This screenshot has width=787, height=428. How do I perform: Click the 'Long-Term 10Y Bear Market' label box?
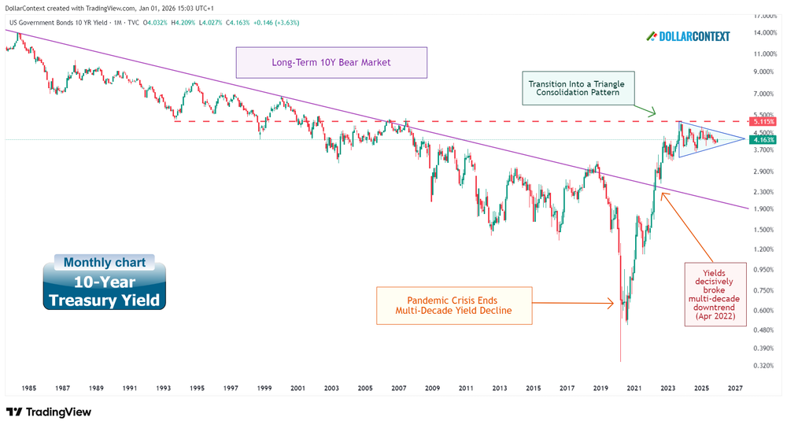[x=331, y=62]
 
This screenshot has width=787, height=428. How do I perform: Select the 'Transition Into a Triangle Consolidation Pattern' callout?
[x=580, y=89]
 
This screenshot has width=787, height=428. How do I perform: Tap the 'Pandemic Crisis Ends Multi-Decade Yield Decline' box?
[x=454, y=306]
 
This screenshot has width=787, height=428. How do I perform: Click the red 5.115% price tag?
[x=763, y=122]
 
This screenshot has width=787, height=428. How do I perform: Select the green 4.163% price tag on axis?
[x=763, y=140]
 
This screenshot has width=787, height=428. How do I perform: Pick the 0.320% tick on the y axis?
[x=763, y=366]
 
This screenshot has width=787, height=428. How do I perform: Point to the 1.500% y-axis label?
[x=763, y=230]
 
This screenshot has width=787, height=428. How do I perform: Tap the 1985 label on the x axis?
[x=28, y=389]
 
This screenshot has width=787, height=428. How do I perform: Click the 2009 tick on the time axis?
[x=432, y=389]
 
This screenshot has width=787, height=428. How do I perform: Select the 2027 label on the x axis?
[x=735, y=389]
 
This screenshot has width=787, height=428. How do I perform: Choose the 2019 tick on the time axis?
[x=600, y=389]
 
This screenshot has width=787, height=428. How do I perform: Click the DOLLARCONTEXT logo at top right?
[x=688, y=36]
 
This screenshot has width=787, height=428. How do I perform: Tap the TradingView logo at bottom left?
[x=49, y=412]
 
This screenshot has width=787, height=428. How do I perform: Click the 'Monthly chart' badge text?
[x=104, y=263]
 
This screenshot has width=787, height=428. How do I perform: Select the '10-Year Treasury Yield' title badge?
[x=105, y=291]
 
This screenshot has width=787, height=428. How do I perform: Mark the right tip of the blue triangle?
[x=744, y=139]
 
